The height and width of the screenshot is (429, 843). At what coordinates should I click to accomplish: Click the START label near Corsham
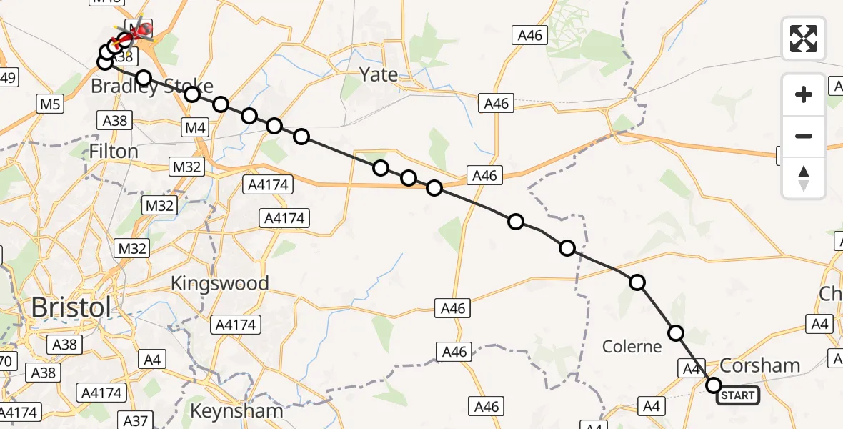click(738, 395)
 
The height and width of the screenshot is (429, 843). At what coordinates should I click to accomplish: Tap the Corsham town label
click(759, 366)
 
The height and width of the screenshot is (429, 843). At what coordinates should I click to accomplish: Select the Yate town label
click(379, 74)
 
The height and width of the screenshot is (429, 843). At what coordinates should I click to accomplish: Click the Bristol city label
click(71, 308)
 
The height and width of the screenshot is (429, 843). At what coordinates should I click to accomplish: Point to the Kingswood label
click(219, 283)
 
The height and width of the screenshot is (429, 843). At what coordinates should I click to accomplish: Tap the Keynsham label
click(236, 412)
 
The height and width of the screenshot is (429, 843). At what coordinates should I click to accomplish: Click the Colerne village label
click(632, 347)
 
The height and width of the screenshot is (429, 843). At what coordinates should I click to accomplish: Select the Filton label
click(114, 152)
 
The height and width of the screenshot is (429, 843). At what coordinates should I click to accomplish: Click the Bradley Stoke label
click(151, 87)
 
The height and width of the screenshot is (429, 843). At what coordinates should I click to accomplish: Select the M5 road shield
click(50, 104)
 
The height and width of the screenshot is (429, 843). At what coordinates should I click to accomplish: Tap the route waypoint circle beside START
click(714, 385)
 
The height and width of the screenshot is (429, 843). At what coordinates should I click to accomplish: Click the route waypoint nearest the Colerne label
click(675, 332)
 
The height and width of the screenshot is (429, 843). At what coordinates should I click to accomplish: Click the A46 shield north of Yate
click(528, 34)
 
